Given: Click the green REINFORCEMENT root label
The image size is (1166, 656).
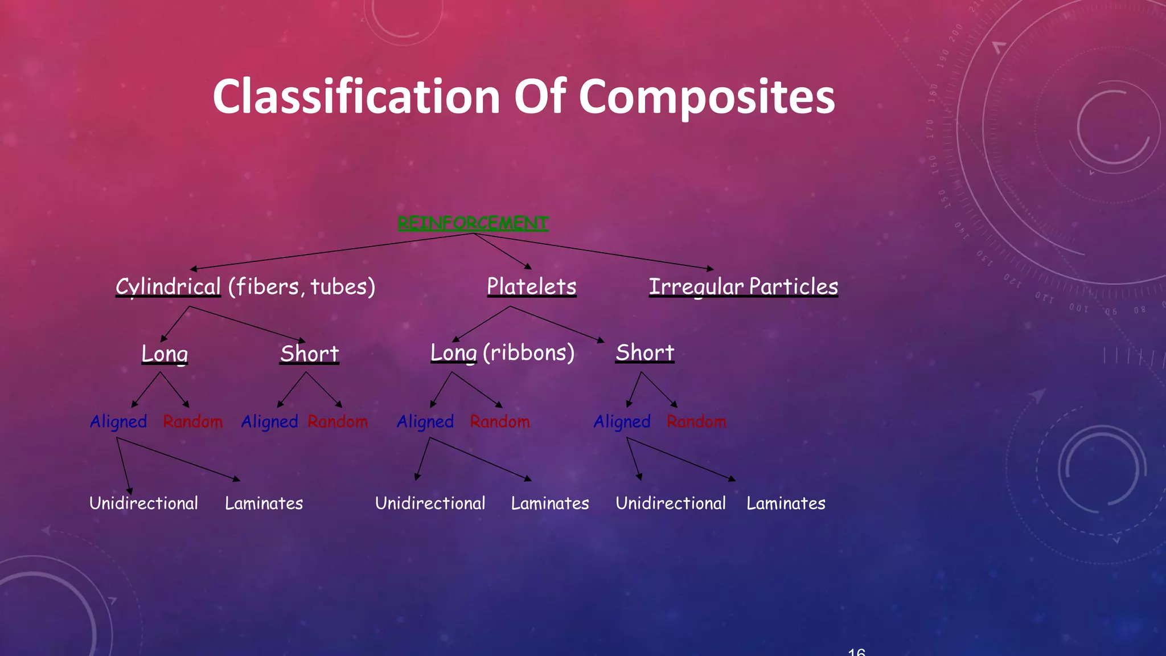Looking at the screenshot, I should (473, 223).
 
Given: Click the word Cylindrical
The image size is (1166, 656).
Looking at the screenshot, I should (168, 286).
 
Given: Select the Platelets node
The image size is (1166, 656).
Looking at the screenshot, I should (531, 286).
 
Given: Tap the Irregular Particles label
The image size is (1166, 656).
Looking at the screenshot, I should (743, 286).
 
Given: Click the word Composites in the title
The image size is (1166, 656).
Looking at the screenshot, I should (707, 97).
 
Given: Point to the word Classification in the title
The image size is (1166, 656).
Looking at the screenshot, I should (356, 97).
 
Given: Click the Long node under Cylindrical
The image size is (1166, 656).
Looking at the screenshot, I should (165, 354).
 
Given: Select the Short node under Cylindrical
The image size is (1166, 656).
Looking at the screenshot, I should (309, 354).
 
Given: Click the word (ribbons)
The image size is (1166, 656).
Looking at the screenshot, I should (528, 352).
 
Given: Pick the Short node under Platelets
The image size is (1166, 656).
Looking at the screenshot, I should (644, 352).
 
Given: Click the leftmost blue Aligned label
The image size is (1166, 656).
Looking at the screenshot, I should (118, 422).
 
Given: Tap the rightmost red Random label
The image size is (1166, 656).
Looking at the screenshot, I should (696, 422).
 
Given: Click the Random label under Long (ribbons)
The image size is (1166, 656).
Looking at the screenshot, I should (500, 422).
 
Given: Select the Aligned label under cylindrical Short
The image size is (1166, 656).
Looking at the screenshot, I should (269, 422).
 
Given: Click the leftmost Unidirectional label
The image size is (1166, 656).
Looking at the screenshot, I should (143, 503).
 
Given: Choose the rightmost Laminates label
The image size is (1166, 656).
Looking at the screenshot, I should (786, 503).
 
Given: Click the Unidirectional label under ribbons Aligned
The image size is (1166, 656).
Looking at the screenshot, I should (430, 503).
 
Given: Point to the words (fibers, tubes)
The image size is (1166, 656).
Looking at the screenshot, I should (302, 286).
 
